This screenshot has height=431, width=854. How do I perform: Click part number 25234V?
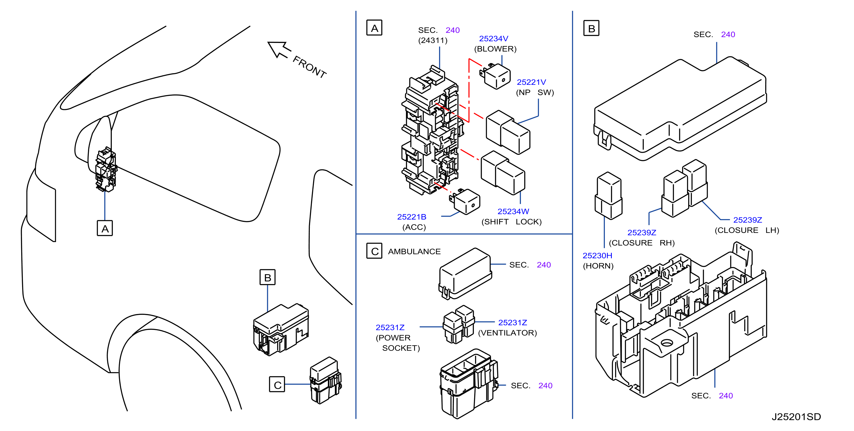(493, 39)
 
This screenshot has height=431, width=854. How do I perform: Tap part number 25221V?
(531, 82)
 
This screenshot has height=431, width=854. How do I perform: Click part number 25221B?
(411, 217)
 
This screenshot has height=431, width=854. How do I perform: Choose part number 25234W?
(513, 211)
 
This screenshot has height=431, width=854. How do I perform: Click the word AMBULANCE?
(414, 252)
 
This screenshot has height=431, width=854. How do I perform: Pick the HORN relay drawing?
(609, 196)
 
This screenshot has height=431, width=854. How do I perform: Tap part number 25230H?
(597, 256)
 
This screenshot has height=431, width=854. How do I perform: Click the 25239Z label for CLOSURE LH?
(748, 220)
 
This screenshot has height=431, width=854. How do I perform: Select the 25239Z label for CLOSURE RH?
(642, 233)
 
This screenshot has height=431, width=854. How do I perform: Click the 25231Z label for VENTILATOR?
(513, 323)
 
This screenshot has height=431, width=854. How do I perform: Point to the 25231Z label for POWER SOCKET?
(390, 328)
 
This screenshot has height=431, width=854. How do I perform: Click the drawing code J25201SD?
(796, 417)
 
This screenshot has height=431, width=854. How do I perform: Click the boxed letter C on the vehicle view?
(277, 384)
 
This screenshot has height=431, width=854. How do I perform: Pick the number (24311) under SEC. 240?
(433, 40)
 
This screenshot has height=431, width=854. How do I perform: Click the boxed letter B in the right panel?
(591, 28)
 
